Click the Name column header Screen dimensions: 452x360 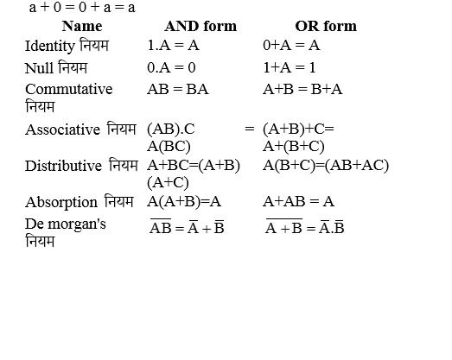click(x=82, y=26)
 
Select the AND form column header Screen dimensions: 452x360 click(x=200, y=26)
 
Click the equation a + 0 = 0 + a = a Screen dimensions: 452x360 click(x=82, y=8)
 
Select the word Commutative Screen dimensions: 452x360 click(x=69, y=89)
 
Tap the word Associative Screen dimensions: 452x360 click(x=61, y=129)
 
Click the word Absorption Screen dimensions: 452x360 click(x=61, y=202)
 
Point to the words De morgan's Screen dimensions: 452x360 click(x=66, y=224)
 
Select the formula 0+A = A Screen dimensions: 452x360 click(x=291, y=45)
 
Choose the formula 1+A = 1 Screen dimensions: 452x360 click(x=290, y=67)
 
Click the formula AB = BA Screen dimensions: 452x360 click(x=178, y=89)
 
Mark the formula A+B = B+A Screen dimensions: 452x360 click(x=302, y=89)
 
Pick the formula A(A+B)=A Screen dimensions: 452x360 click(x=184, y=202)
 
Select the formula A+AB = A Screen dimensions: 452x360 click(x=298, y=202)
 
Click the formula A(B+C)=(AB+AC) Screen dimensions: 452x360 click(x=326, y=165)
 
